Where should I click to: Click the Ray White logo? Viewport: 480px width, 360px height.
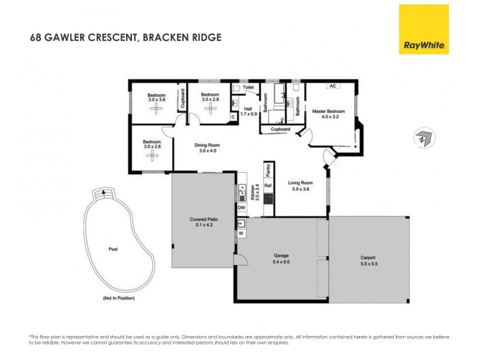[x=424, y=29]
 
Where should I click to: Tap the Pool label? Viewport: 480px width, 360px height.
[x=113, y=249]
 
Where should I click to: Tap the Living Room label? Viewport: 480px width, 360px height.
[x=299, y=186]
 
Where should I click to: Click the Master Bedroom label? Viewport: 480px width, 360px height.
[x=328, y=114]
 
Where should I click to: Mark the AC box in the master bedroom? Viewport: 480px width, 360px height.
[x=331, y=87]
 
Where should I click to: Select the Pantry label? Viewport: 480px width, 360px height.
[x=269, y=169]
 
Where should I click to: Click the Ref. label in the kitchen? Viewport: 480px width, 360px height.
[x=268, y=186]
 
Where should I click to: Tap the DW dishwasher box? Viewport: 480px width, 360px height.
[x=241, y=208]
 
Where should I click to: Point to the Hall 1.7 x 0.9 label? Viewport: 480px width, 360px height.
[x=248, y=111]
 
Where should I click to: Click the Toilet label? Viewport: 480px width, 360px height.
[x=248, y=88]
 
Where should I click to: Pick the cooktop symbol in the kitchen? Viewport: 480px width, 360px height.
[x=268, y=197]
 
